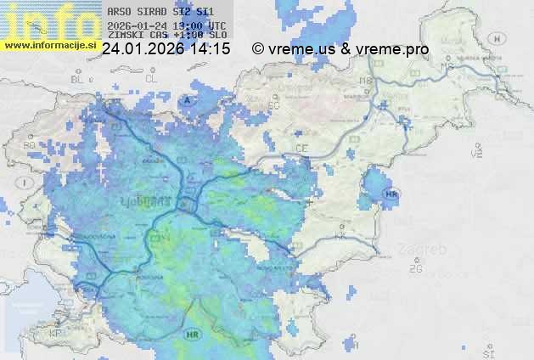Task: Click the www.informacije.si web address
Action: click(49, 45)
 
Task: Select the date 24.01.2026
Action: click(142, 50)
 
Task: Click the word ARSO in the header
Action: click(119, 13)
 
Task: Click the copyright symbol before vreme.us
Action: click(259, 50)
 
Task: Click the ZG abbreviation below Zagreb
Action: click(415, 269)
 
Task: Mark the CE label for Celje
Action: click(301, 149)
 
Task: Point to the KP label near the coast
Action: click(56, 334)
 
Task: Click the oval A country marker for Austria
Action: click(188, 100)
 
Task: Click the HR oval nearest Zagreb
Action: click(391, 194)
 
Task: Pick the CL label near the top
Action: click(151, 78)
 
